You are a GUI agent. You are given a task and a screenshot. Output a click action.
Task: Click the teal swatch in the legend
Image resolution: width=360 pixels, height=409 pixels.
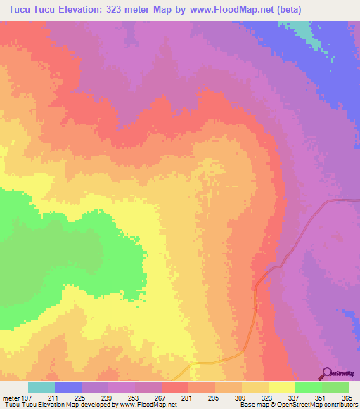click(x=41, y=387)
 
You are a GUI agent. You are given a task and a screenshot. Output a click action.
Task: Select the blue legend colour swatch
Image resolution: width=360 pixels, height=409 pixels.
click(x=68, y=387)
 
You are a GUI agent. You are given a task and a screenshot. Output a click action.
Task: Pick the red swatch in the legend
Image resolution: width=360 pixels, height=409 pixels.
click(x=175, y=387)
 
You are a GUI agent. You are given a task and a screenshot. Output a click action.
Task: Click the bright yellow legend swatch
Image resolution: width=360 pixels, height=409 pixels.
click(x=282, y=387)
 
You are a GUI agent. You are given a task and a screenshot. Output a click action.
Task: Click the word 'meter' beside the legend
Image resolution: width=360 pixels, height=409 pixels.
click(x=11, y=397)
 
